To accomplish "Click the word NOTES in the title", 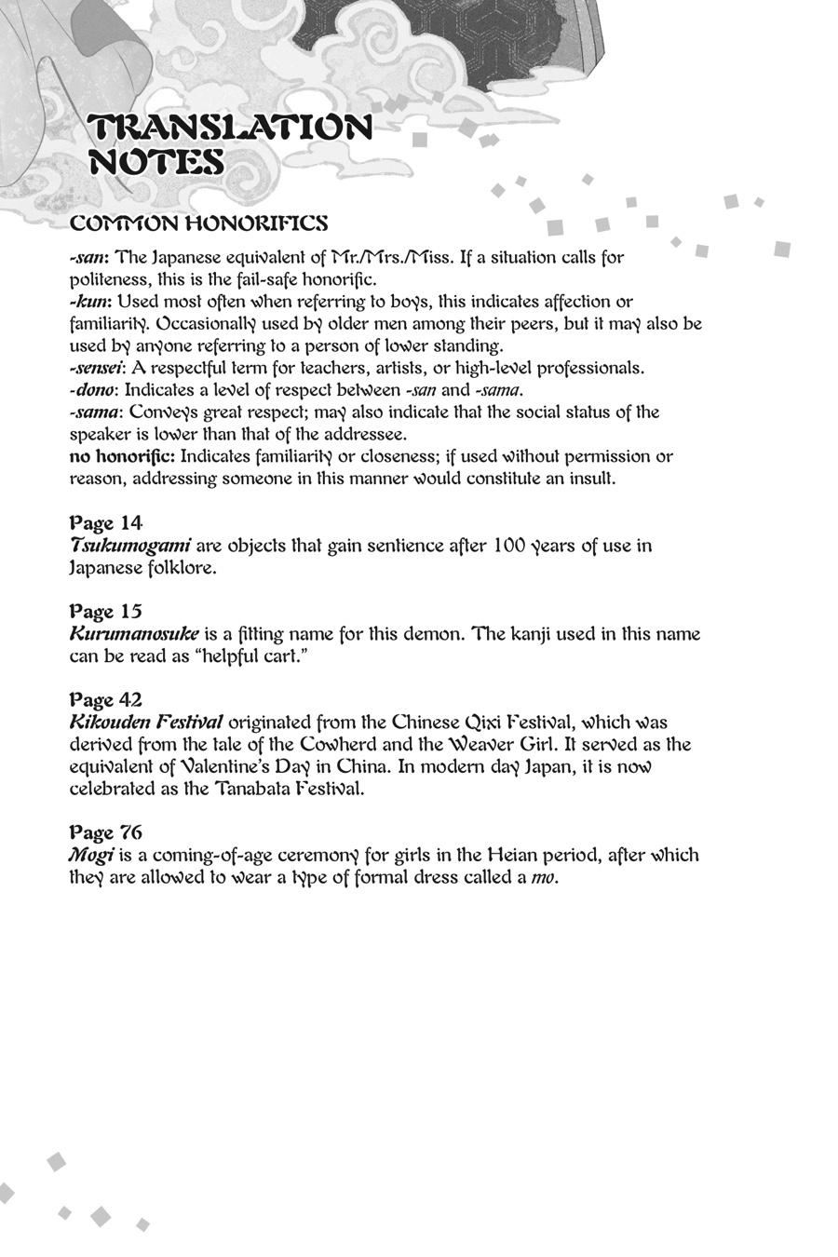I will pos(156,162).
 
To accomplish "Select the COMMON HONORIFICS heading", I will pos(198,223).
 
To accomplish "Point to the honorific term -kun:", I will pos(90,302).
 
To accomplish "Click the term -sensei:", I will pos(98,368).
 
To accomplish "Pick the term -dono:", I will pos(94,390).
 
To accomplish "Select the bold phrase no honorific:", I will pos(122,456).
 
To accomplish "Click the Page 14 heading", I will pos(105,522).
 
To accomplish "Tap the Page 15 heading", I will pos(105,611).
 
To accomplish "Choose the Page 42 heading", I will pos(105,699).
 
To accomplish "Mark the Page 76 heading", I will pos(105,831).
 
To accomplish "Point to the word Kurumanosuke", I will pos(134,634).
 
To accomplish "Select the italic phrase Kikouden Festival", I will pos(146,723).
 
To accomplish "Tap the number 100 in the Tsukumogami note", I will pos(510,546).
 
